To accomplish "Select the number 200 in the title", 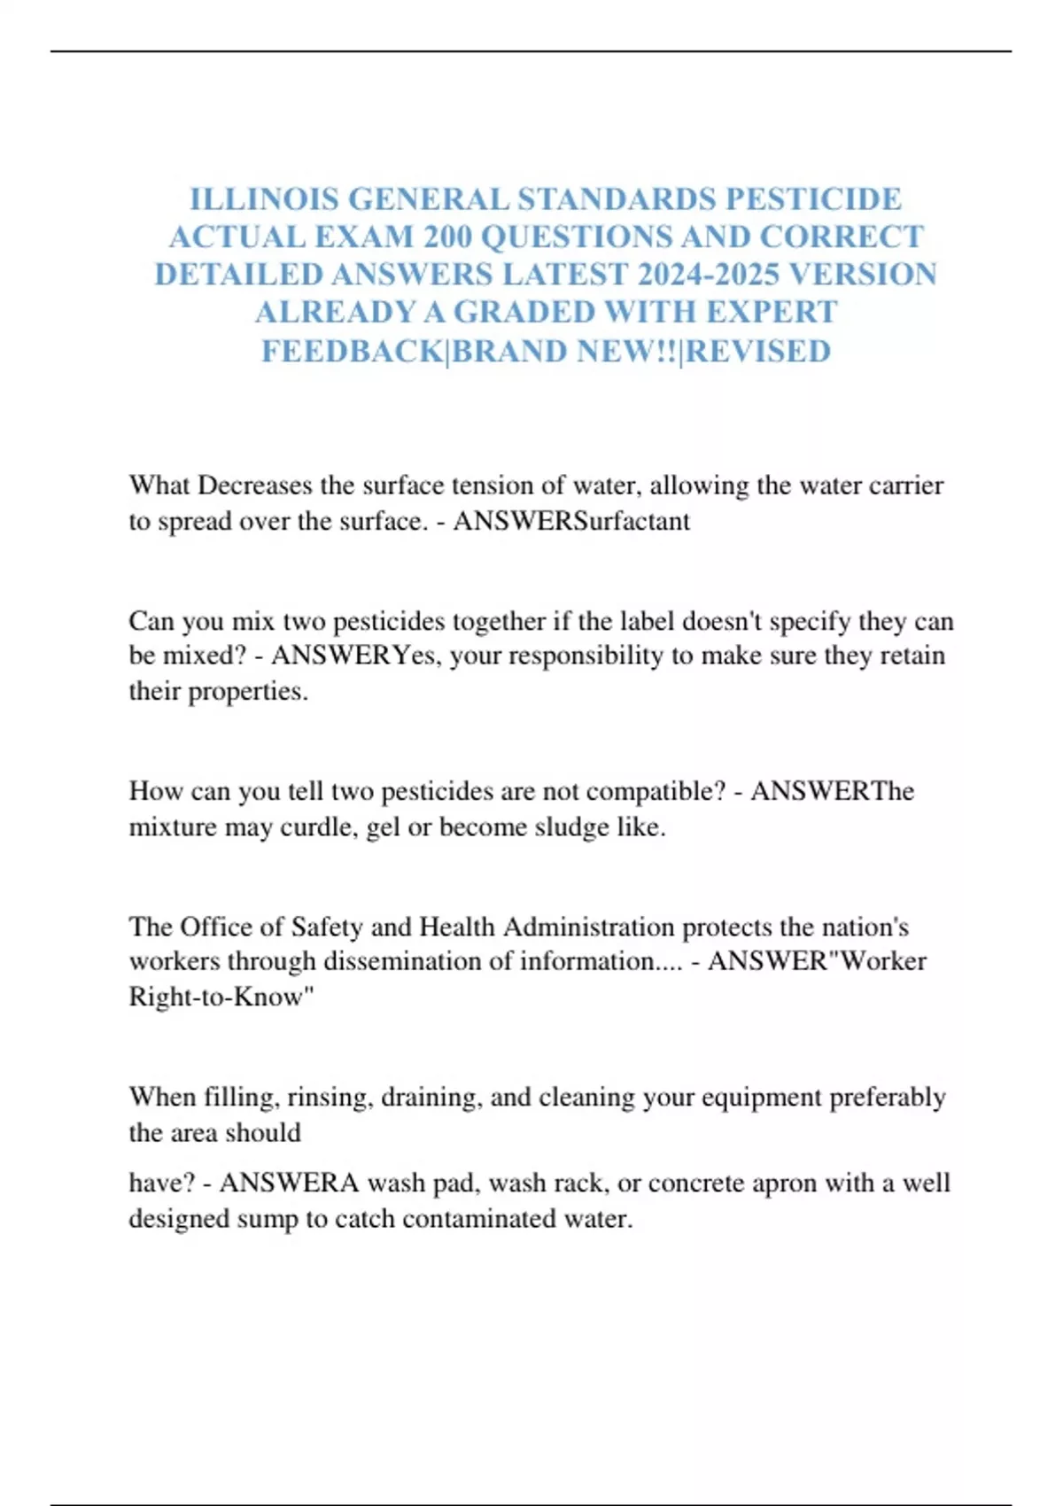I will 447,237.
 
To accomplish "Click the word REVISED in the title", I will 759,351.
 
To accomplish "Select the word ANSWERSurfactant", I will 571,521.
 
